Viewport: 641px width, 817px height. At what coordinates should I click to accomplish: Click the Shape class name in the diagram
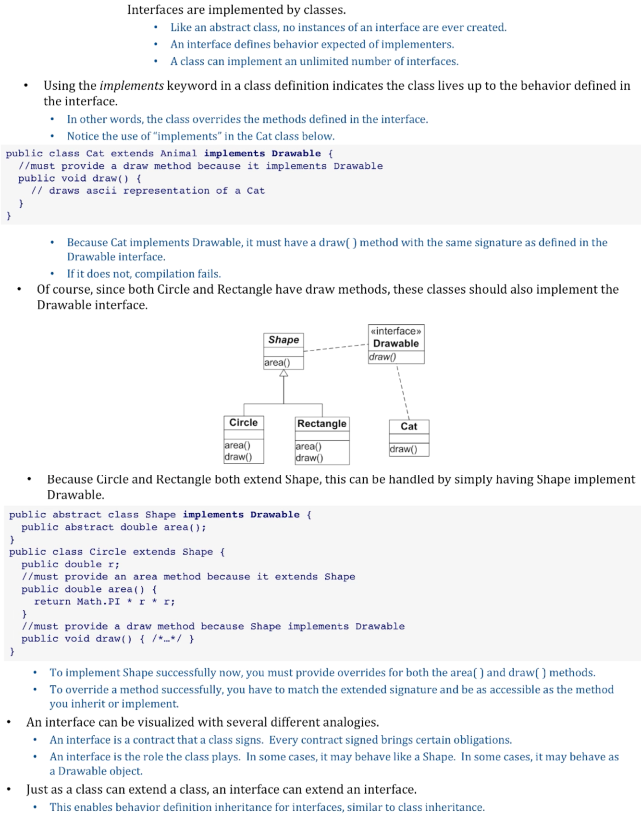point(284,340)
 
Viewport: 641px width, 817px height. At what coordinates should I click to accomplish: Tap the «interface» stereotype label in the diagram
point(396,331)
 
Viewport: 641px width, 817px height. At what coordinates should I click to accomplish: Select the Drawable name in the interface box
point(396,344)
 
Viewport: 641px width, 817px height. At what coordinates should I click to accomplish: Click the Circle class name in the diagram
point(243,422)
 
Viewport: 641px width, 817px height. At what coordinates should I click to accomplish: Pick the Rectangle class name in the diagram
point(321,423)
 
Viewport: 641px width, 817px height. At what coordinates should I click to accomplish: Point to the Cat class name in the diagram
point(409,426)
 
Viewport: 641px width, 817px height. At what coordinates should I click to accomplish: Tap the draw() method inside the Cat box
point(404,449)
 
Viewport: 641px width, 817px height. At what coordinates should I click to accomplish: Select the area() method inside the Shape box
point(277,362)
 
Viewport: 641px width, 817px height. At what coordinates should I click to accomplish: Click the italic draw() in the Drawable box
point(383,357)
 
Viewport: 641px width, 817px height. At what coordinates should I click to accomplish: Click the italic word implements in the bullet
point(132,86)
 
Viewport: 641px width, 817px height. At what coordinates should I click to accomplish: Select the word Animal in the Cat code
point(178,153)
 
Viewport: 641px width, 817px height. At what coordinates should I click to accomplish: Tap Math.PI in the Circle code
point(99,602)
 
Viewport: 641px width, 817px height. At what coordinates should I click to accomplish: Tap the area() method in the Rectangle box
point(308,446)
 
